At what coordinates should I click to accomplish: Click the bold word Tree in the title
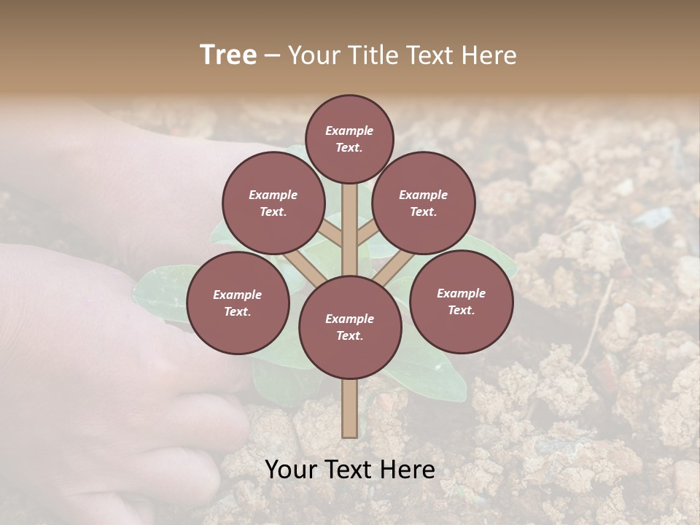228,55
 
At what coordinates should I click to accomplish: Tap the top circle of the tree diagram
349,139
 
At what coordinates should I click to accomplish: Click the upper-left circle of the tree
273,203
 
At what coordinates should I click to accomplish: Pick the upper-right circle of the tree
424,203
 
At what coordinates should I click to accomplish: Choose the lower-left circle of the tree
238,303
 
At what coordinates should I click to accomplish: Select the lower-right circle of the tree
461,301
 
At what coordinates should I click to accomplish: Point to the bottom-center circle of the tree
350,327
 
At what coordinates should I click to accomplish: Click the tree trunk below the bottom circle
350,408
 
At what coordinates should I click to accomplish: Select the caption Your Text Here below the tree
350,470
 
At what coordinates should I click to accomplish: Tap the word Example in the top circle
349,131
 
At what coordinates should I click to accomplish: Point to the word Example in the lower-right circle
461,293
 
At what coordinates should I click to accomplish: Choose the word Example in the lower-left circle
237,295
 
